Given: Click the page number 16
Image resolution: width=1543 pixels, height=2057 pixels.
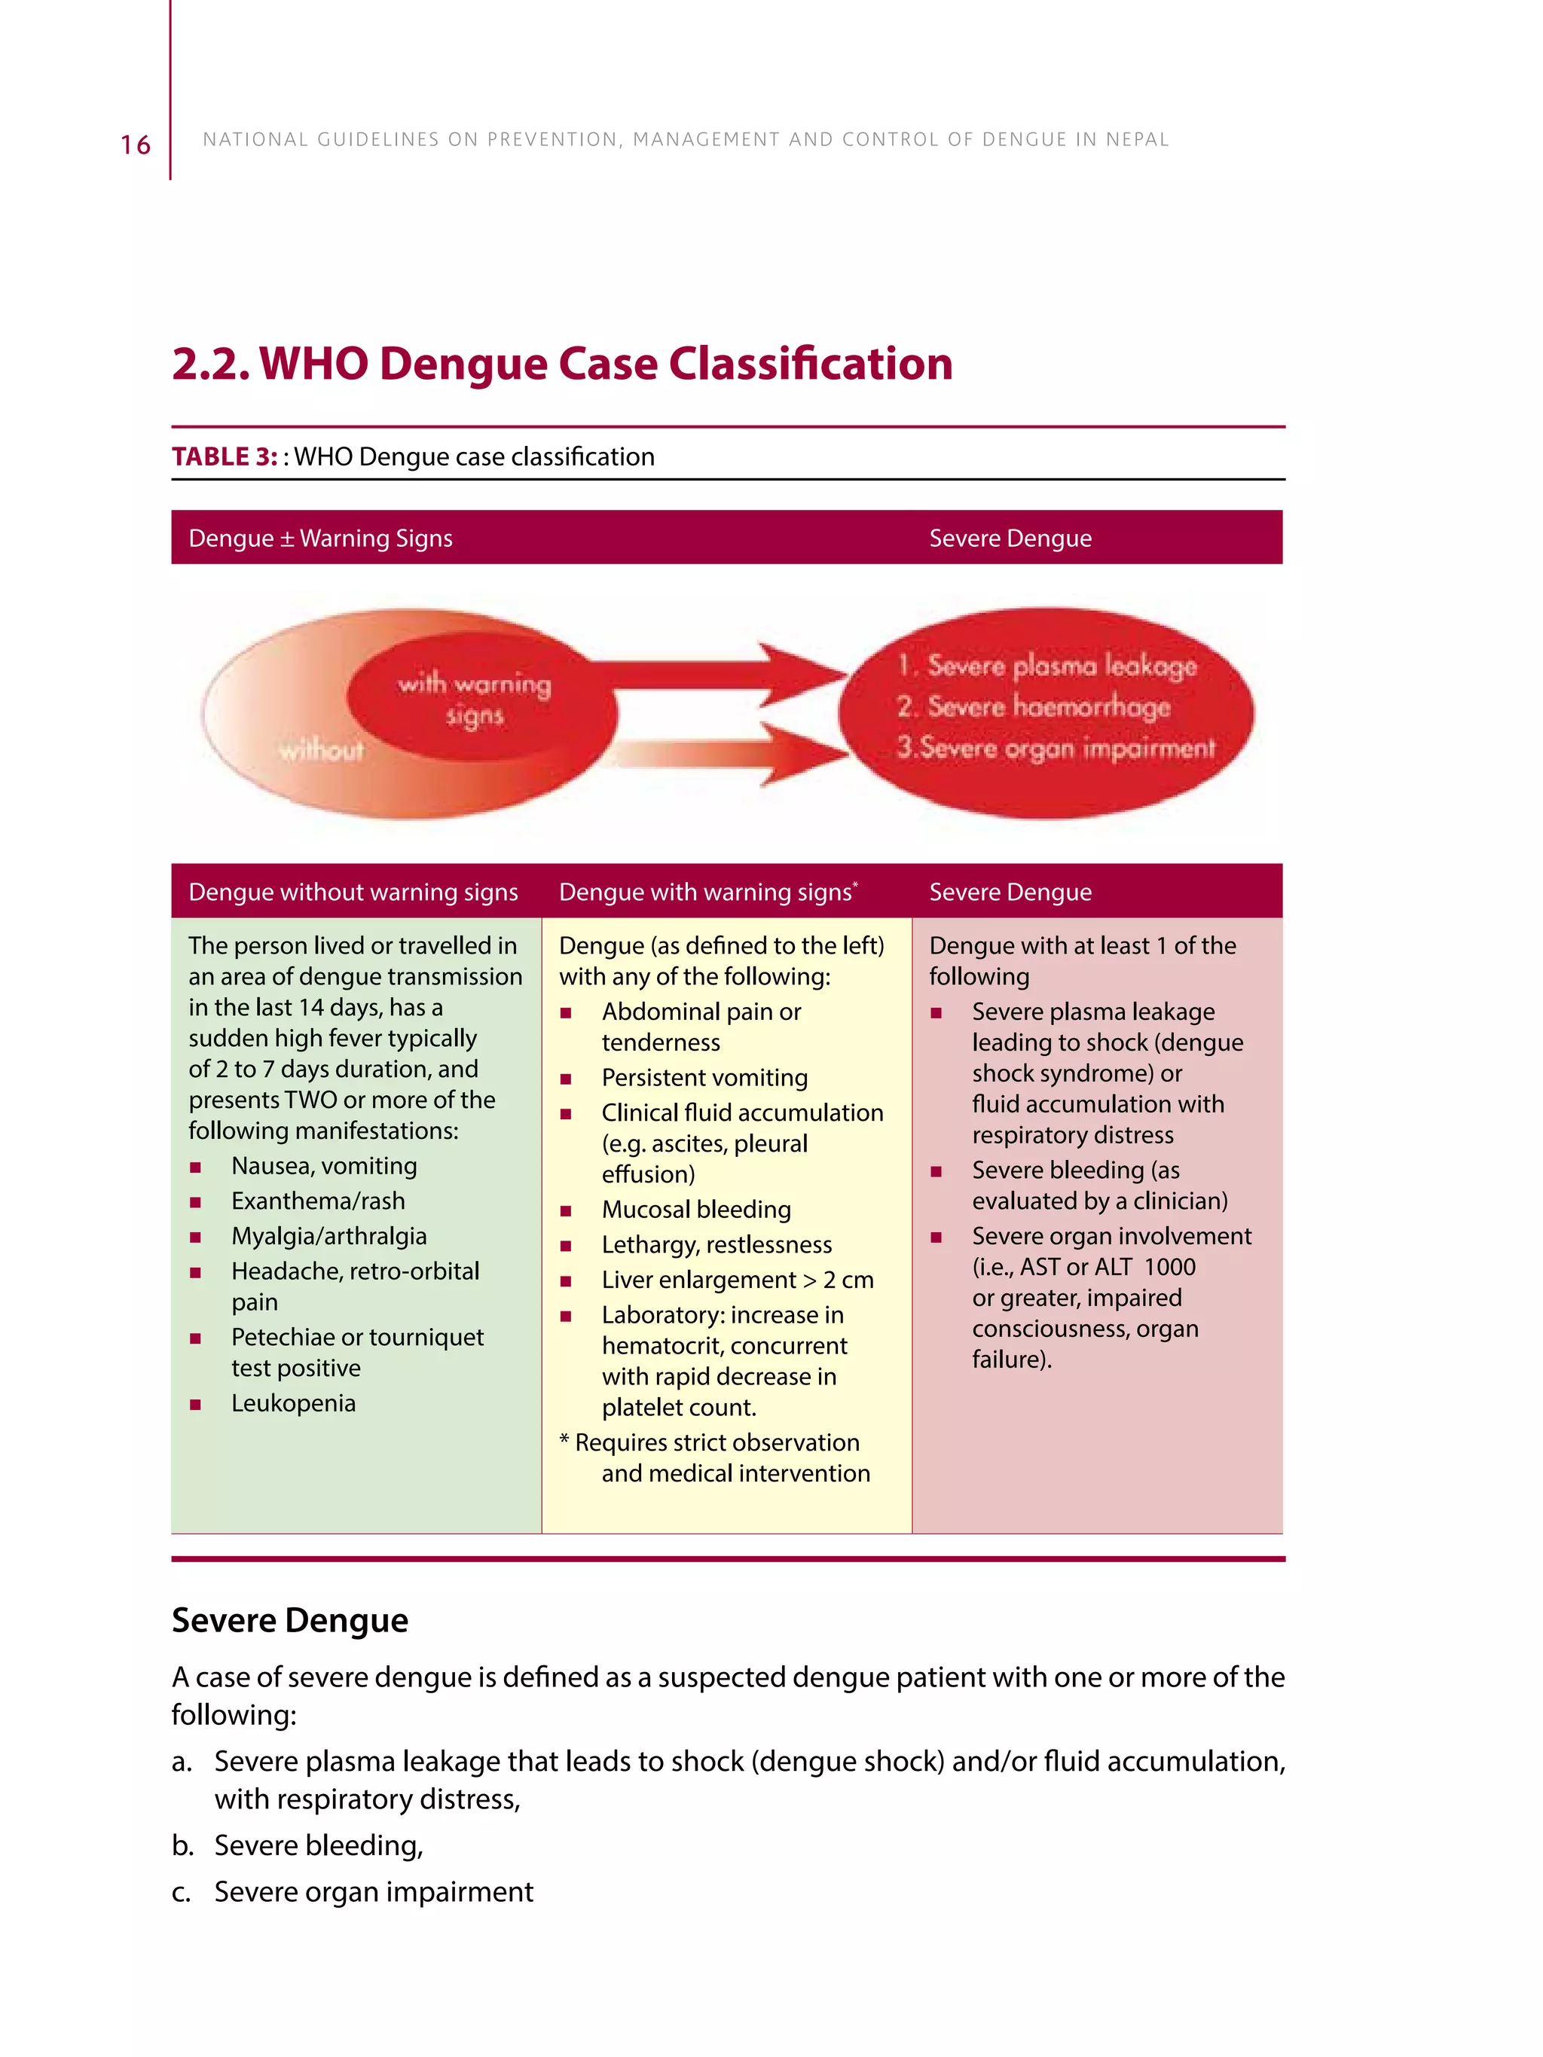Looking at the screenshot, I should [x=135, y=145].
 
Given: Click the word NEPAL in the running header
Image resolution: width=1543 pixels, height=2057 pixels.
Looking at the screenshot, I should [x=1137, y=139].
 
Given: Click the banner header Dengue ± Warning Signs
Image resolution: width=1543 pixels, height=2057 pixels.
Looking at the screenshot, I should [x=320, y=539].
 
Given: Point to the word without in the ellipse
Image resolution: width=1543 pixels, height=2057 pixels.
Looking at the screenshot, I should [x=322, y=749].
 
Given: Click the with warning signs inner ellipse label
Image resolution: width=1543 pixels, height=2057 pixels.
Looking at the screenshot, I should [x=475, y=699].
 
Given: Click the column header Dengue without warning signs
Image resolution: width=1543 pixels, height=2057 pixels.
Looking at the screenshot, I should [x=353, y=892].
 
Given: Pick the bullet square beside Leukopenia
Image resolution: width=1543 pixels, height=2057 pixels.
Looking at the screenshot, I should [x=195, y=1404].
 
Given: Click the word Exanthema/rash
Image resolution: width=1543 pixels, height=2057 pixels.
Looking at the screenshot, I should [x=318, y=1201].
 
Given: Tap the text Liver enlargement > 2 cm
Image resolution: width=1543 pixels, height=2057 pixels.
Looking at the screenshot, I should [x=737, y=1280].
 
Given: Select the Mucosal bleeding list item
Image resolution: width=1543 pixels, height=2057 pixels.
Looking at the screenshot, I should [x=695, y=1209].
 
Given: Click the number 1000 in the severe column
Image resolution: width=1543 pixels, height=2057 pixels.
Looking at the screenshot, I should [x=1169, y=1267].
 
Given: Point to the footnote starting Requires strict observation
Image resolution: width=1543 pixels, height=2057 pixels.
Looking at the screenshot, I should [x=717, y=1442].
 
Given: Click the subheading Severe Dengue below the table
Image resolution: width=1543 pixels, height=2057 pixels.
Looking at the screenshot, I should [x=289, y=1620].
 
